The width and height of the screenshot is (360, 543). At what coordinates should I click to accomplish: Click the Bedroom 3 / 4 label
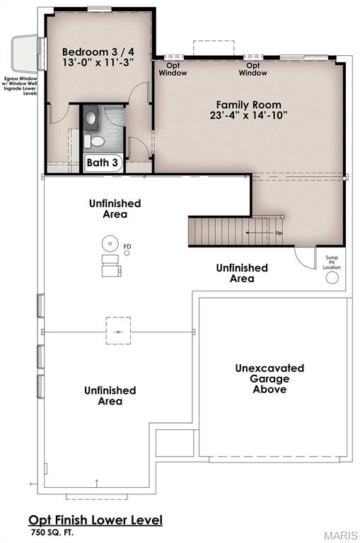click(x=97, y=52)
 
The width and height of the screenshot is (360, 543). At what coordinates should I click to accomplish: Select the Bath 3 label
click(x=103, y=163)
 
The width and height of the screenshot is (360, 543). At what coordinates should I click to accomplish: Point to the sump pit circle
click(x=332, y=278)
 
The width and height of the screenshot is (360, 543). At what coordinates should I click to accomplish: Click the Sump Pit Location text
click(x=332, y=262)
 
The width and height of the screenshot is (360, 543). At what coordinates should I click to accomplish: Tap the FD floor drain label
click(x=127, y=247)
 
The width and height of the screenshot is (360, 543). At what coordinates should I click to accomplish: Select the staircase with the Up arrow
click(x=236, y=231)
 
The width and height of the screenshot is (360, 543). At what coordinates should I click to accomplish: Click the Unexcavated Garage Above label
click(x=269, y=379)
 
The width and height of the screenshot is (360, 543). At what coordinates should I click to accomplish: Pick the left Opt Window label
click(x=173, y=69)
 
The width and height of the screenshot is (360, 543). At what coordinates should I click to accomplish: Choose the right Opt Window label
click(x=252, y=69)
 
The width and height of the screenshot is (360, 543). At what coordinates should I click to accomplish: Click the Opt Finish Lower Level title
click(x=95, y=520)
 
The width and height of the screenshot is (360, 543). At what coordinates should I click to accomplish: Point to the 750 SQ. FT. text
click(x=51, y=532)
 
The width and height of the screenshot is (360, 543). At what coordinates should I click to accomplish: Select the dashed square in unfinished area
click(x=118, y=331)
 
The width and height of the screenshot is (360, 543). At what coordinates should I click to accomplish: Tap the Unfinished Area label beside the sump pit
click(x=242, y=273)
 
